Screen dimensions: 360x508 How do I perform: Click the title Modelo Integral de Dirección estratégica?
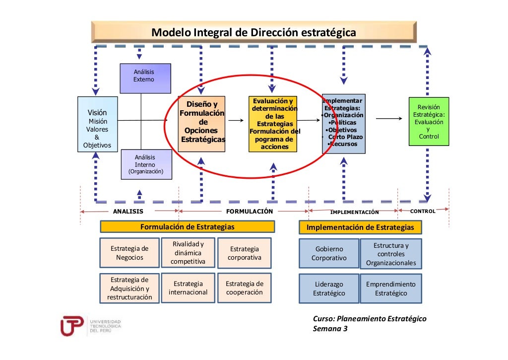[254, 33]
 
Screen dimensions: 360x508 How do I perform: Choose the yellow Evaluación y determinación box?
[274, 124]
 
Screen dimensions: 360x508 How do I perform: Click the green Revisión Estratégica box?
[429, 122]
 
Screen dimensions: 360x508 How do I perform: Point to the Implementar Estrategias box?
[343, 123]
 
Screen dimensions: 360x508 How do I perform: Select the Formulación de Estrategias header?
[188, 227]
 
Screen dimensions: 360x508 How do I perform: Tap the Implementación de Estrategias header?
[361, 227]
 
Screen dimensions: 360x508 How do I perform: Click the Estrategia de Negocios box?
[129, 253]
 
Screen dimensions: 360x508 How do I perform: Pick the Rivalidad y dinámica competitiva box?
[188, 253]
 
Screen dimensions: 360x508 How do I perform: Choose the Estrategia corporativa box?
[245, 253]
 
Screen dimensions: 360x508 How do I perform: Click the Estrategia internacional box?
[188, 288]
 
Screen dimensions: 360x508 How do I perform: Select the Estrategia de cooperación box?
[245, 288]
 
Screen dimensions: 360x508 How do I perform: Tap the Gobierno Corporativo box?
[329, 253]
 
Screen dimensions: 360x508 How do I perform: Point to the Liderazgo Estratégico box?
[329, 288]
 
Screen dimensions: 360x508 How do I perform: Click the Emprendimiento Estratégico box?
[391, 288]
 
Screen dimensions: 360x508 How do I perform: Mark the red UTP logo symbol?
[71, 326]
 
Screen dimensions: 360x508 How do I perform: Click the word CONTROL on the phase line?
[423, 212]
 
